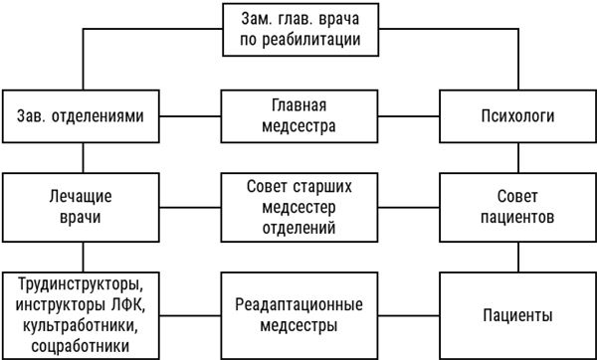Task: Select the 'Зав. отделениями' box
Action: click(82, 116)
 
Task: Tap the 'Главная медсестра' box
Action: click(298, 116)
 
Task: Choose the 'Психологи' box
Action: click(517, 116)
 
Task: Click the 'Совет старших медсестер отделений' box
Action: click(298, 207)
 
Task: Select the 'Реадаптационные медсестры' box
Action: click(298, 314)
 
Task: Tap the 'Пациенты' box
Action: click(517, 314)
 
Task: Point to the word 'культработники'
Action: click(82, 324)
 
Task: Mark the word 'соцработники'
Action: click(82, 345)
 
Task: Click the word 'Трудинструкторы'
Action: click(82, 281)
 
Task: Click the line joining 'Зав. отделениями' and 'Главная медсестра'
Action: click(190, 116)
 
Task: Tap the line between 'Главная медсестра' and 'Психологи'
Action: click(408, 116)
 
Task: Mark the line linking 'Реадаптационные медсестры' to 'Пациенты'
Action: click(408, 314)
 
